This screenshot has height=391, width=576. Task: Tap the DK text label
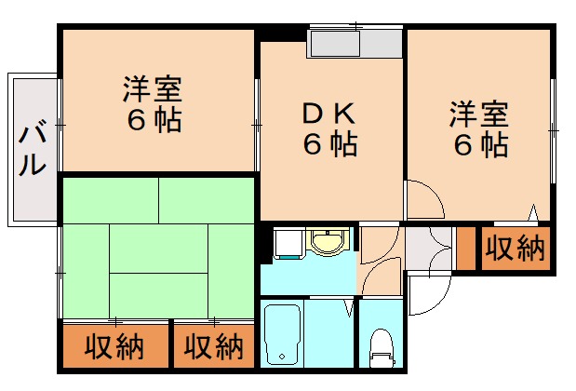coord(328,114)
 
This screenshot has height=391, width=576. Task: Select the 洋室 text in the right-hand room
coord(479,115)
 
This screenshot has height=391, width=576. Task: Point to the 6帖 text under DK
coord(328,145)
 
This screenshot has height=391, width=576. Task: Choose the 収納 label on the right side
coord(514,249)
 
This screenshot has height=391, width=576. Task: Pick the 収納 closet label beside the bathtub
coord(212,347)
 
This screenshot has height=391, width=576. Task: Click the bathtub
coord(283,333)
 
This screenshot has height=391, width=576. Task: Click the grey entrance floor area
coord(427,248)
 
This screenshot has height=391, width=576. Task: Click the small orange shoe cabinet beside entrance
coord(466,248)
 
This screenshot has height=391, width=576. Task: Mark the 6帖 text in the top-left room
coord(154,121)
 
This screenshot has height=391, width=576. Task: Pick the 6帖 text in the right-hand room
coord(480,145)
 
